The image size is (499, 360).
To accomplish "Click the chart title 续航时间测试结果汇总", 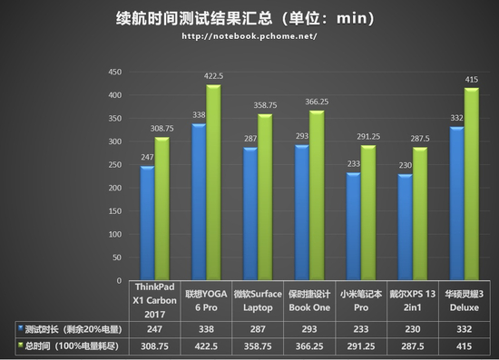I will pos(195,17).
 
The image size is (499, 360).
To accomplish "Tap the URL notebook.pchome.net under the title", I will pos(249,36).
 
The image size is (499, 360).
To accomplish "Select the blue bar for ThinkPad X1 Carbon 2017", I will pos(147,222).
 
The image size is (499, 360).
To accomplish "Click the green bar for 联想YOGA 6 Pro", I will pos(213,181).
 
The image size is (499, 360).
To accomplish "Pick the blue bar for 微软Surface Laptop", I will pos(252,213).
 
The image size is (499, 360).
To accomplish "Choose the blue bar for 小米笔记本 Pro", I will pos(354,227).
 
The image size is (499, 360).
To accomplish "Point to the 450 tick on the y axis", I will pos(116,73).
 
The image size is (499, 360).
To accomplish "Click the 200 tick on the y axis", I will pos(116,188).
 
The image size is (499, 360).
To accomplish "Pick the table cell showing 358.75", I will pos(259,345).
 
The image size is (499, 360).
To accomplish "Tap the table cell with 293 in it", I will pos(311,326).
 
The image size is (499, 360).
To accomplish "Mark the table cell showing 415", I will pos(467,345).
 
